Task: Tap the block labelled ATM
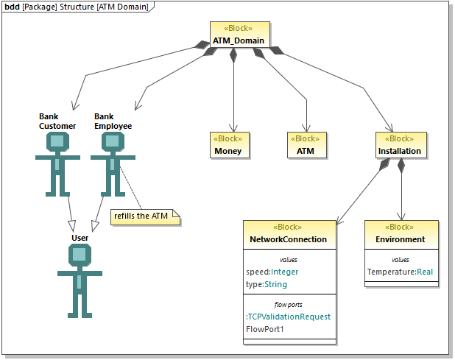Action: click(x=306, y=146)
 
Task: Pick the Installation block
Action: click(x=401, y=146)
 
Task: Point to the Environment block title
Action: click(x=401, y=239)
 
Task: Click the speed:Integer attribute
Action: click(x=272, y=272)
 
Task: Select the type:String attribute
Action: click(x=267, y=284)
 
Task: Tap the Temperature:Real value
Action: click(x=400, y=272)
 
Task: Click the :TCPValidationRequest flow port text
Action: click(x=288, y=317)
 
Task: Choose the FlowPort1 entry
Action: click(x=264, y=329)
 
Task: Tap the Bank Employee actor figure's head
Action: click(x=112, y=144)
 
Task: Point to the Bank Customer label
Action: click(x=57, y=121)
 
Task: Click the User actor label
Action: click(x=80, y=238)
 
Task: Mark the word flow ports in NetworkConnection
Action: click(x=288, y=303)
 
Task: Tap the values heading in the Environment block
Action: click(x=401, y=259)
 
